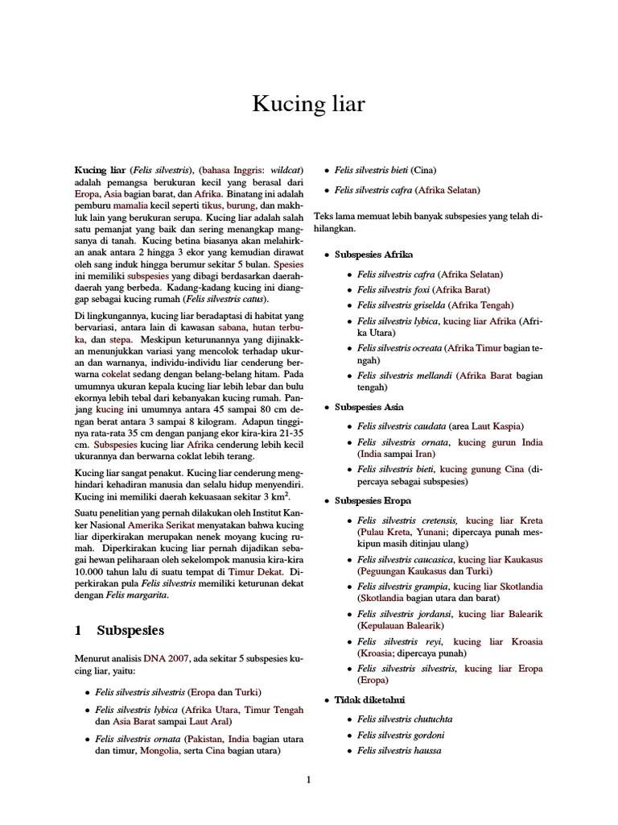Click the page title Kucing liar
pos(309,104)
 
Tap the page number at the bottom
pos(308,779)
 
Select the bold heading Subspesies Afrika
pos(373,255)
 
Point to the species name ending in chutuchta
pos(401,717)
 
